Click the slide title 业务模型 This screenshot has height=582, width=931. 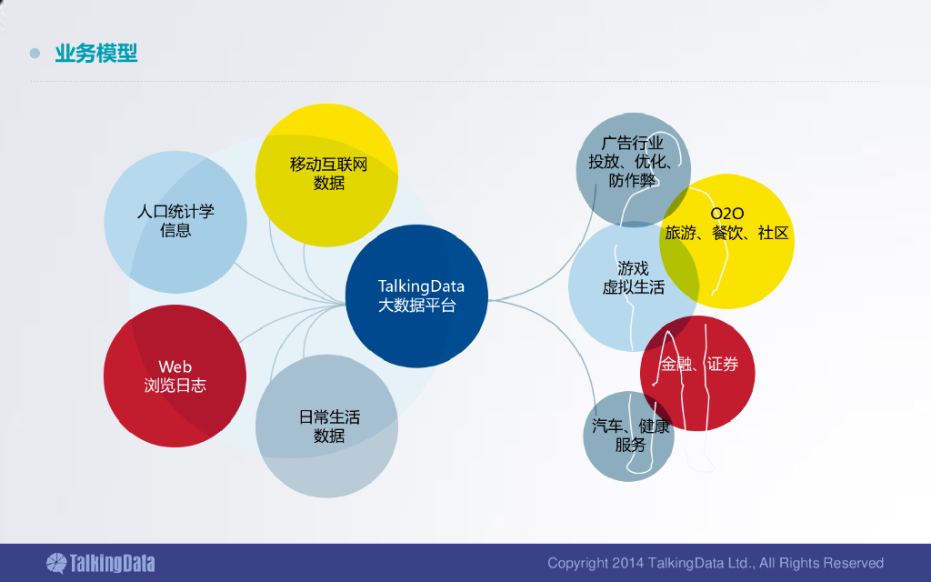click(96, 53)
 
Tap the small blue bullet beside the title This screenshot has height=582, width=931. click(35, 54)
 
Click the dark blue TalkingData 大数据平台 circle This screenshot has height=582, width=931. click(417, 296)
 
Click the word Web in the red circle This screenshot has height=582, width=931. click(175, 367)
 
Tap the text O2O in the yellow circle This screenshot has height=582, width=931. click(727, 215)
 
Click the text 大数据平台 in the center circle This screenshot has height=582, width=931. click(417, 306)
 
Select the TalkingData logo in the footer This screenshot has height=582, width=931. click(100, 563)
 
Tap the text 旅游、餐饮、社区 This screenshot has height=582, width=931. click(727, 234)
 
